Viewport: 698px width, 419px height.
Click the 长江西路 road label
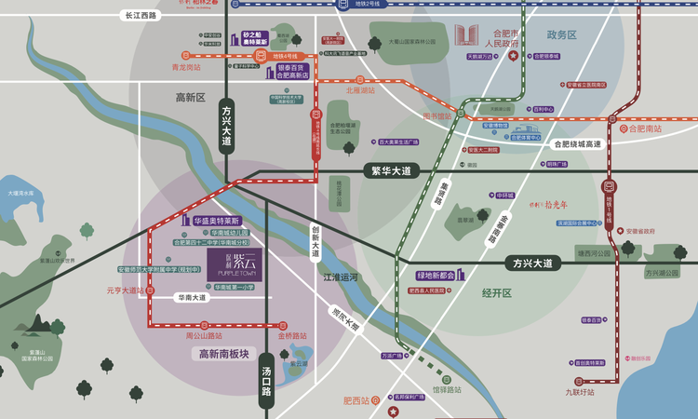click(140, 16)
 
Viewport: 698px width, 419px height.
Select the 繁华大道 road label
click(391, 171)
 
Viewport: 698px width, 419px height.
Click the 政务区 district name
click(562, 34)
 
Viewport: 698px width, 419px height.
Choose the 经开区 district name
click(497, 292)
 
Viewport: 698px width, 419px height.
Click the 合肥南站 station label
click(644, 128)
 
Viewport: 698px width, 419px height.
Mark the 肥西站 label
click(356, 401)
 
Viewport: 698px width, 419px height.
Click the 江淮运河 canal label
click(341, 277)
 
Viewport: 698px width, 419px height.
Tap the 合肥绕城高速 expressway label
click(577, 144)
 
